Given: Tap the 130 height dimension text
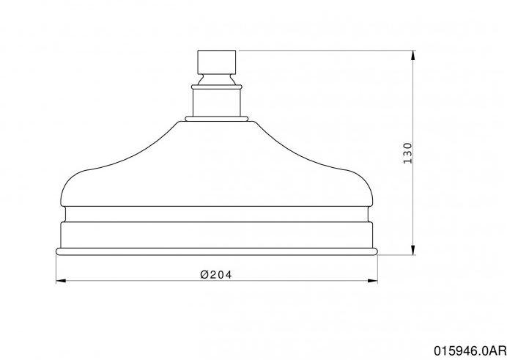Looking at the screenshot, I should coord(408,153).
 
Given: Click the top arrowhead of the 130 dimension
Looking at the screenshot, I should coord(415,54).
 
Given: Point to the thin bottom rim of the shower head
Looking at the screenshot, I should coord(217,251).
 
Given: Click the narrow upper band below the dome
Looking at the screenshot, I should coord(217,215).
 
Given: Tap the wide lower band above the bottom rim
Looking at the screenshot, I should coord(217,235).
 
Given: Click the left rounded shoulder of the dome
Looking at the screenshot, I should coord(73,187).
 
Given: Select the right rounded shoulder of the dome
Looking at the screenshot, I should coord(360,187).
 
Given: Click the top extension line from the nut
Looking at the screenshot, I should coord(322,50).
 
